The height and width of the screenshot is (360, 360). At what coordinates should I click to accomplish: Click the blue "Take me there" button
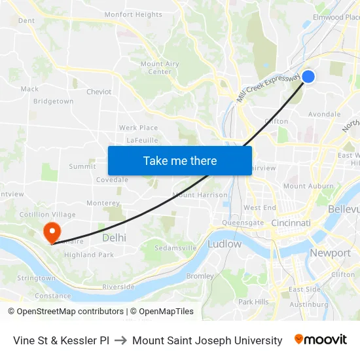(180, 160)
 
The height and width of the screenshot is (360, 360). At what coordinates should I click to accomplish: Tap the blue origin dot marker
(308, 77)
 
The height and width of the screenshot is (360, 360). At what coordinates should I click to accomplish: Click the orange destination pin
(51, 232)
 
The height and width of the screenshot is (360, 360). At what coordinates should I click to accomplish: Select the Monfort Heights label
(134, 14)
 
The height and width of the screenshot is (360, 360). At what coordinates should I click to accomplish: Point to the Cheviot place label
(99, 92)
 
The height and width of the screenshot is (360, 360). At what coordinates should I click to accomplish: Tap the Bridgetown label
(53, 101)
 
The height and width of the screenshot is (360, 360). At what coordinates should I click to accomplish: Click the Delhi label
(114, 238)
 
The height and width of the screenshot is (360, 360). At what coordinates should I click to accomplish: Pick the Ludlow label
(225, 243)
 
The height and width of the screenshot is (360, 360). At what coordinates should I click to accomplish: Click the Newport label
(330, 253)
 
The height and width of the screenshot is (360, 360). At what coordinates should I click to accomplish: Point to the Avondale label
(325, 114)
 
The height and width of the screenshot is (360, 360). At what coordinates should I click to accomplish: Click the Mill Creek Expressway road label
(268, 87)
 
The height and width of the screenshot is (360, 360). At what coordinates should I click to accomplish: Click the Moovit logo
(321, 340)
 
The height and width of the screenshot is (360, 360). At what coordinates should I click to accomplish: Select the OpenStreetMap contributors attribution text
(66, 312)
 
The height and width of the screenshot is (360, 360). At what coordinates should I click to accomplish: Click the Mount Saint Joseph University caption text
(207, 340)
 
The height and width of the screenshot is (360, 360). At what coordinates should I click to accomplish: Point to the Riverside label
(118, 287)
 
